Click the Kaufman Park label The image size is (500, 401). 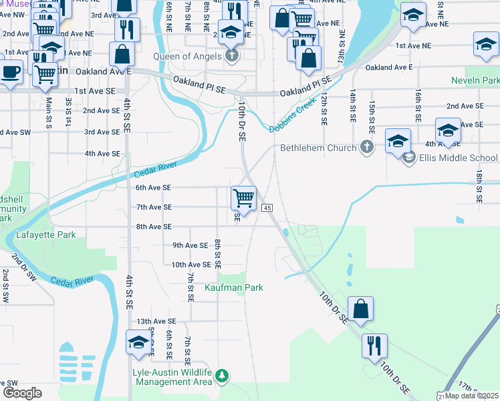234,287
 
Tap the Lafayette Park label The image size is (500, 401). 47,235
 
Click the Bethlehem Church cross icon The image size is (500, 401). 366,147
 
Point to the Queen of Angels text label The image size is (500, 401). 187,56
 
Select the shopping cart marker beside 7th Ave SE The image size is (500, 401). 244,198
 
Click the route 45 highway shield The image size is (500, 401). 267,209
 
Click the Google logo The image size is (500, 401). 22,393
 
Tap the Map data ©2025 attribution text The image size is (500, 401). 471,396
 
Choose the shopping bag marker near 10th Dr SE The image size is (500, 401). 360,309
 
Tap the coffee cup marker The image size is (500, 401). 9,72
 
